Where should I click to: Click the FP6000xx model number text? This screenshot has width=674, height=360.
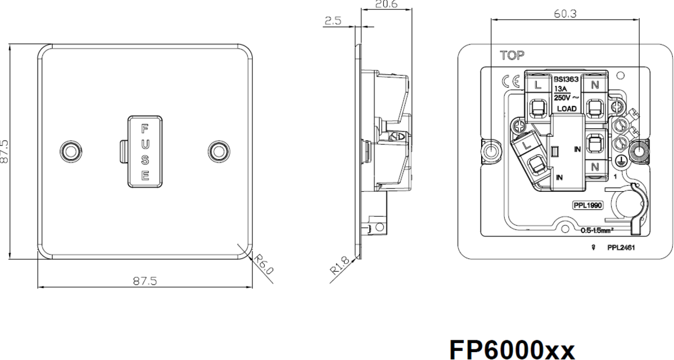(x=512, y=349)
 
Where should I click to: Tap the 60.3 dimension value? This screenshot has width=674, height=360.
(x=566, y=13)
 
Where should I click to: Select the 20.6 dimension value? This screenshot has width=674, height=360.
(x=386, y=4)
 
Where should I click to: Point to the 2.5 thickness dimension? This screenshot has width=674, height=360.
(x=333, y=21)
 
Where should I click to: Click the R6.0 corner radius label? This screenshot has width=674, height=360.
(x=263, y=264)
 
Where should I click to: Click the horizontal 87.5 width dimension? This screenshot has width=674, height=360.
(x=145, y=281)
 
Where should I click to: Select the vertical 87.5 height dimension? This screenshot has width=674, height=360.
(x=4, y=151)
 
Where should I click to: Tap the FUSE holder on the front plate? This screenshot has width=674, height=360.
(x=145, y=151)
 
